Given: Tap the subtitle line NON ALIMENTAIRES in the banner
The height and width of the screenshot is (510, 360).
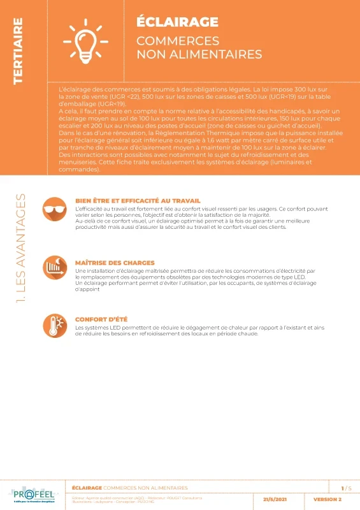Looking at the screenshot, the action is pos(199,54).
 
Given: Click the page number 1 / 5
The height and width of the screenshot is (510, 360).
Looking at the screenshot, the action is pos(346,488).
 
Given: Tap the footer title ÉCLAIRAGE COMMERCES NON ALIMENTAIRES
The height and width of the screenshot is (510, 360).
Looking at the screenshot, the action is pos(130,488).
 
